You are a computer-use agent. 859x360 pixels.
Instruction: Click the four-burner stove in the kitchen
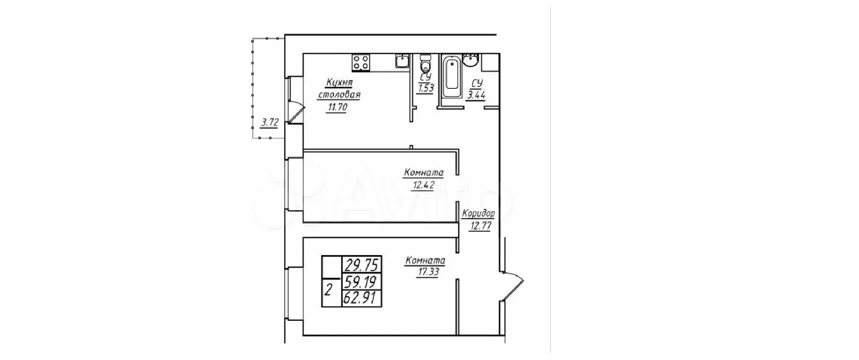361,63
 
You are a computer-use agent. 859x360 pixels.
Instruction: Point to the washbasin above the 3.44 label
471,60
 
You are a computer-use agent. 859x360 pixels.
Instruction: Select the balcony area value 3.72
270,122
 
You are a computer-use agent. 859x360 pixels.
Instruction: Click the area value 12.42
424,185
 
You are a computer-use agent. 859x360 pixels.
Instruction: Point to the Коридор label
478,214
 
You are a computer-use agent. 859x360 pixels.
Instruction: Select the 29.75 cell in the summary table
361,265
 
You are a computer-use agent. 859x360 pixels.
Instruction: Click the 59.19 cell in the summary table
361,281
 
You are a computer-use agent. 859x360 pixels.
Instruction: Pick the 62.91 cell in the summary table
361,298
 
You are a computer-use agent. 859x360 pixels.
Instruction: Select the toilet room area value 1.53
425,89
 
